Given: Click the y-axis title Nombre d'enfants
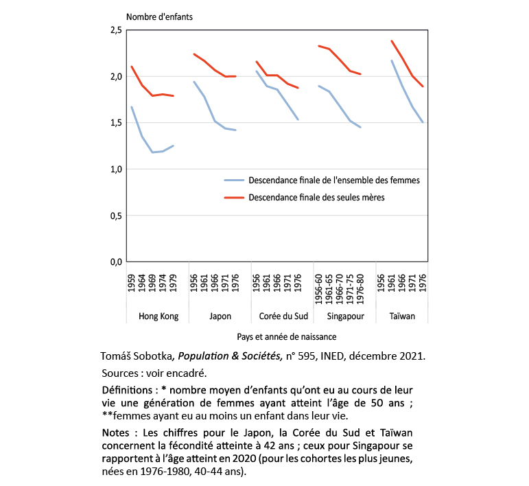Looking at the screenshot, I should tap(158, 17).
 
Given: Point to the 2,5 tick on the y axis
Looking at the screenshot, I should tap(115, 30).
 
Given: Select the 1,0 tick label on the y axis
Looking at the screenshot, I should tap(115, 170).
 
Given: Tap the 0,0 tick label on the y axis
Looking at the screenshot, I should tap(115, 262).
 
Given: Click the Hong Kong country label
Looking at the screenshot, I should tap(158, 316).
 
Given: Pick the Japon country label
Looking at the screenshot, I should tap(220, 316).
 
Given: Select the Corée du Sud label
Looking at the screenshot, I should tap(282, 316).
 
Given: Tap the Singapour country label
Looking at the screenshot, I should tap(344, 316).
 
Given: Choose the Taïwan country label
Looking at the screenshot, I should tap(407, 316).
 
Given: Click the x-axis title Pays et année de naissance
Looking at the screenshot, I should tap(282, 337).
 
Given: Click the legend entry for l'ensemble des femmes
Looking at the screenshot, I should tap(322, 181).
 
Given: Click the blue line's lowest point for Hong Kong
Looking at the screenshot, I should tap(152, 152).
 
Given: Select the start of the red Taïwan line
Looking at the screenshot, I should tap(392, 40).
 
